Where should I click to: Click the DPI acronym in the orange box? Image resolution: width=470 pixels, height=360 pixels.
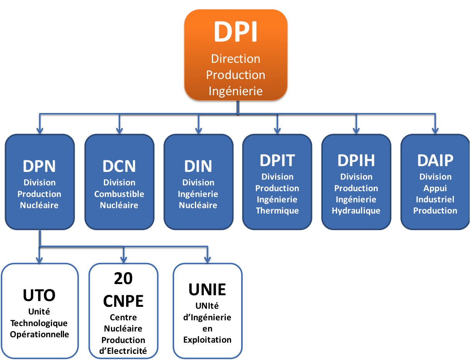[x=236, y=32]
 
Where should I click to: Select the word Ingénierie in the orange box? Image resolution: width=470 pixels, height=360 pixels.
[x=236, y=91]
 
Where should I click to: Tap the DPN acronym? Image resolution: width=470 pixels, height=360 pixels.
[x=39, y=166]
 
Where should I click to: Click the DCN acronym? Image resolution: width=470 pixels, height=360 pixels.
[x=119, y=166]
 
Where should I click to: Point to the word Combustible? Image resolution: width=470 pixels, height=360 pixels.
[x=119, y=194]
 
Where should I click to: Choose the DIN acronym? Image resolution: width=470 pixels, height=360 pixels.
[x=198, y=166]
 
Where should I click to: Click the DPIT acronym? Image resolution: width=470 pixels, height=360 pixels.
[x=277, y=160]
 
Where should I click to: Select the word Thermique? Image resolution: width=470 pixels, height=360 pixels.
[x=277, y=210]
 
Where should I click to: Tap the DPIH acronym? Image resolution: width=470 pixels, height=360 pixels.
[x=356, y=160]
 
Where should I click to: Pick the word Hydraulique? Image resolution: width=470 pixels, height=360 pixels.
[x=356, y=210]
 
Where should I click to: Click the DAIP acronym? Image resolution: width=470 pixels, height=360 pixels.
[x=435, y=160]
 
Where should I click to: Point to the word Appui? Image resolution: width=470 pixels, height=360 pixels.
[x=435, y=188]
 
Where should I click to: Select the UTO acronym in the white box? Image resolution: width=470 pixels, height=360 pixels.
[x=39, y=295]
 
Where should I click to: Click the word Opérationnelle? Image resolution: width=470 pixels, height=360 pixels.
[x=39, y=334]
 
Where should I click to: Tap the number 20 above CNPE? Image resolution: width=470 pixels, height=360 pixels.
[x=123, y=278]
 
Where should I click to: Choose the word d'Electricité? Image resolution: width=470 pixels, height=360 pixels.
[x=123, y=351]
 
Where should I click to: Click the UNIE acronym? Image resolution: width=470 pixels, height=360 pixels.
[x=207, y=289]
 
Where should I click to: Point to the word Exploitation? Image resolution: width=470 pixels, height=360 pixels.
[x=207, y=340]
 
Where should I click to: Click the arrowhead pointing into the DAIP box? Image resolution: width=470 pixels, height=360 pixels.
[x=435, y=130]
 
